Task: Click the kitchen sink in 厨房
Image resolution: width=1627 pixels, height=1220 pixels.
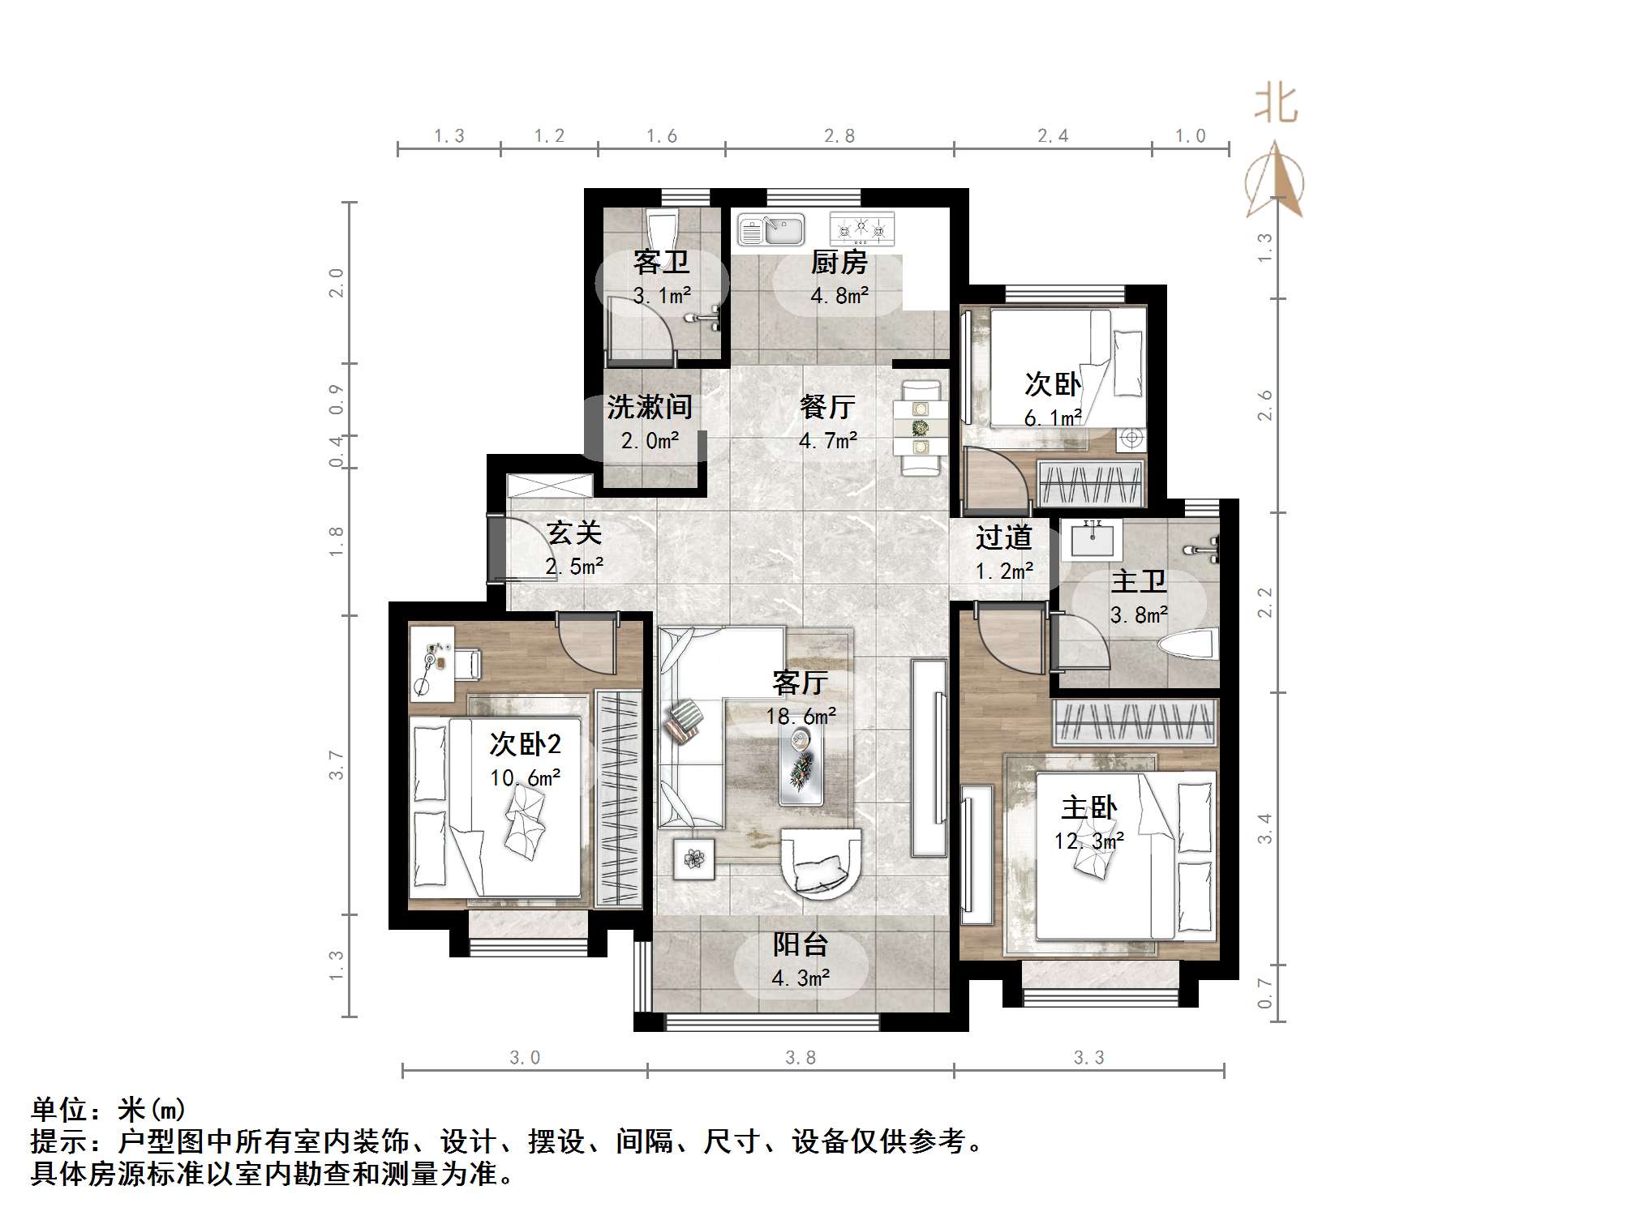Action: (771, 229)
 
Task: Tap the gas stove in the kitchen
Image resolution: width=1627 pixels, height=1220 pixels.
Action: (861, 229)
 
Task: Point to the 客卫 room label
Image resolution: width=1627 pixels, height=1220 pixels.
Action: (660, 263)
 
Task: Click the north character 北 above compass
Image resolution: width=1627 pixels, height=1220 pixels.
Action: (1276, 105)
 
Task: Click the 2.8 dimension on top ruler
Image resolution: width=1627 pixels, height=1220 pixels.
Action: (839, 136)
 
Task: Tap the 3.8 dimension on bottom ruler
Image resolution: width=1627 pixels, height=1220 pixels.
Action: (801, 1058)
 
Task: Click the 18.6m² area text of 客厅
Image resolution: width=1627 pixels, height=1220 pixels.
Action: (801, 717)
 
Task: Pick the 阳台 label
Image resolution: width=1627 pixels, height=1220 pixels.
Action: (801, 944)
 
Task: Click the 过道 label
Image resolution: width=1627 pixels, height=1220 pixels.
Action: (1003, 537)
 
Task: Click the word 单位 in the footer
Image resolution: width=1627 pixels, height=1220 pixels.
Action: (58, 1110)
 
